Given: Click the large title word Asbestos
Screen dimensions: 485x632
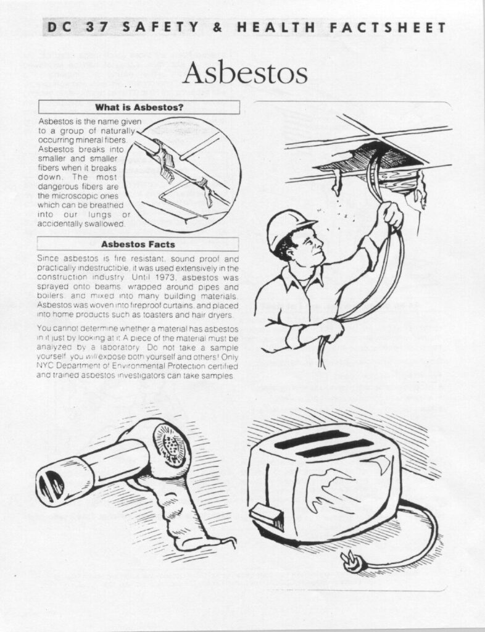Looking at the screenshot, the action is tap(245, 73).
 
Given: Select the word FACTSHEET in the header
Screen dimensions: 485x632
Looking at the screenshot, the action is tap(388, 27).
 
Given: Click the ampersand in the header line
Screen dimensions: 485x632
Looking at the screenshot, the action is tap(218, 27).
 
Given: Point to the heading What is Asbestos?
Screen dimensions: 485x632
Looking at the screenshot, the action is tap(139, 107).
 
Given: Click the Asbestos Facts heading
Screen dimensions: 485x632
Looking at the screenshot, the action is tap(138, 244).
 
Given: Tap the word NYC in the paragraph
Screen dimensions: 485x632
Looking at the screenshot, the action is tap(45, 366).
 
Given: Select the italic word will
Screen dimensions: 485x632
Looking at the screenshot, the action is tap(92, 357).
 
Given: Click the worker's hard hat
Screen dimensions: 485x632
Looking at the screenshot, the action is tap(289, 228).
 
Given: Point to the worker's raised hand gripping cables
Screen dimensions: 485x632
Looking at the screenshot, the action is tap(391, 215).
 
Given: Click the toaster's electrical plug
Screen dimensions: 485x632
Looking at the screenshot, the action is tap(352, 561).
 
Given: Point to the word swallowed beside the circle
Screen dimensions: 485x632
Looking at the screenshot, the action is tap(108, 223).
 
